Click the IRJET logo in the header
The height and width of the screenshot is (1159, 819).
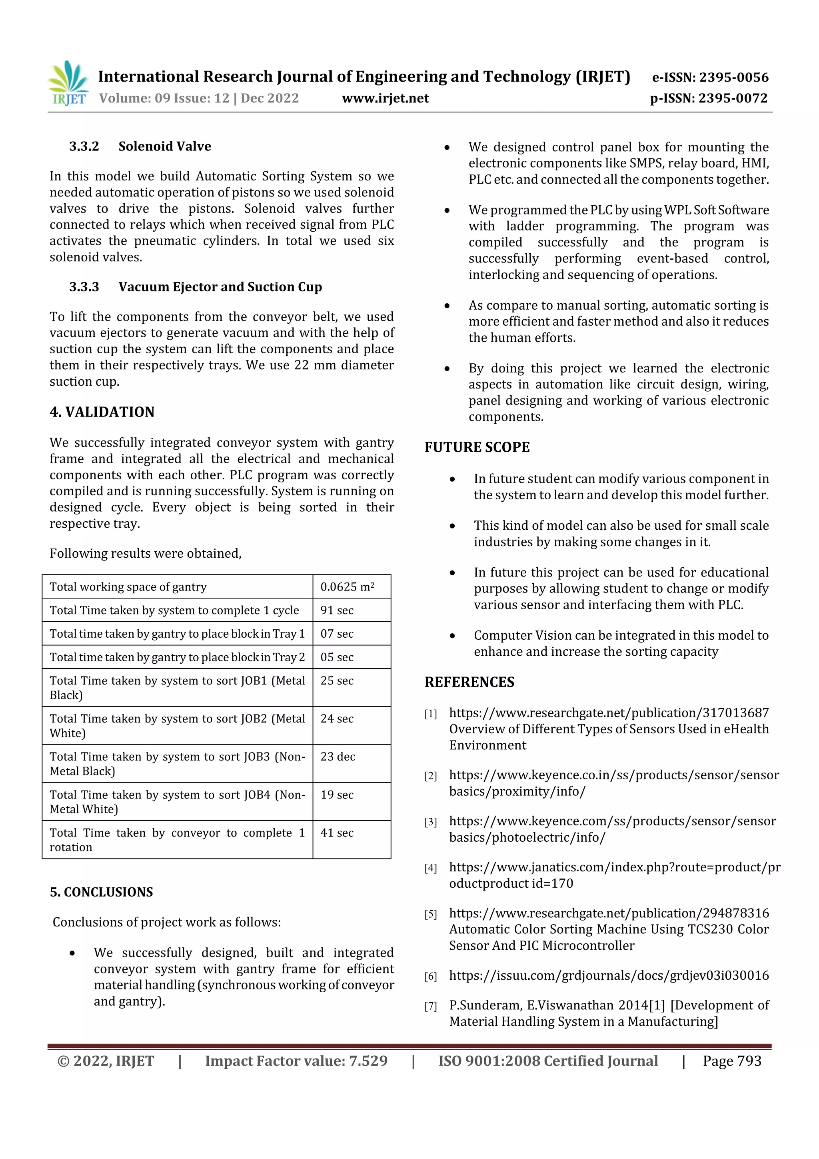pos(68,83)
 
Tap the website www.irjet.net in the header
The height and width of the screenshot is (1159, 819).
pos(385,98)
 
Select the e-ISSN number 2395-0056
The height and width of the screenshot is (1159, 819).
pos(710,77)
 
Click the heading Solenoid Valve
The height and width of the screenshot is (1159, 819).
pos(164,146)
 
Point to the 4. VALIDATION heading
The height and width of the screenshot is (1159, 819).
pos(102,412)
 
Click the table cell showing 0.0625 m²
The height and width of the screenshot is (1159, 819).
pos(347,587)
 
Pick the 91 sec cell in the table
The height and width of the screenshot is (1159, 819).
pos(337,610)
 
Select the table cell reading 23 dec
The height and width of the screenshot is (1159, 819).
pos(338,756)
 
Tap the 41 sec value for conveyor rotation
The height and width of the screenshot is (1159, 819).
pos(337,833)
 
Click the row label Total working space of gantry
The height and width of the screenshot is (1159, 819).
pos(128,587)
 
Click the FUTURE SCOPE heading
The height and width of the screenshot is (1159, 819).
pos(477,447)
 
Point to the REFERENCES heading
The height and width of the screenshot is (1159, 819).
pos(469,682)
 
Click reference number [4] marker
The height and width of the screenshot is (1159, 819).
pos(430,868)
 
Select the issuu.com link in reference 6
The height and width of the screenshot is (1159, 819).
pos(609,975)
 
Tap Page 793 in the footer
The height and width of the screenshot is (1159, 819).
pos(732,1061)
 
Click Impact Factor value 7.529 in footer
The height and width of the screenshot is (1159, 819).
pos(296,1061)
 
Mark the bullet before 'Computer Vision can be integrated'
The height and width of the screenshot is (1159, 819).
pos(452,636)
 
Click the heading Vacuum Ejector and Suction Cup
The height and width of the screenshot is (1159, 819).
pos(220,287)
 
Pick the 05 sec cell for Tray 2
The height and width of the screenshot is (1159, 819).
pos(337,657)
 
